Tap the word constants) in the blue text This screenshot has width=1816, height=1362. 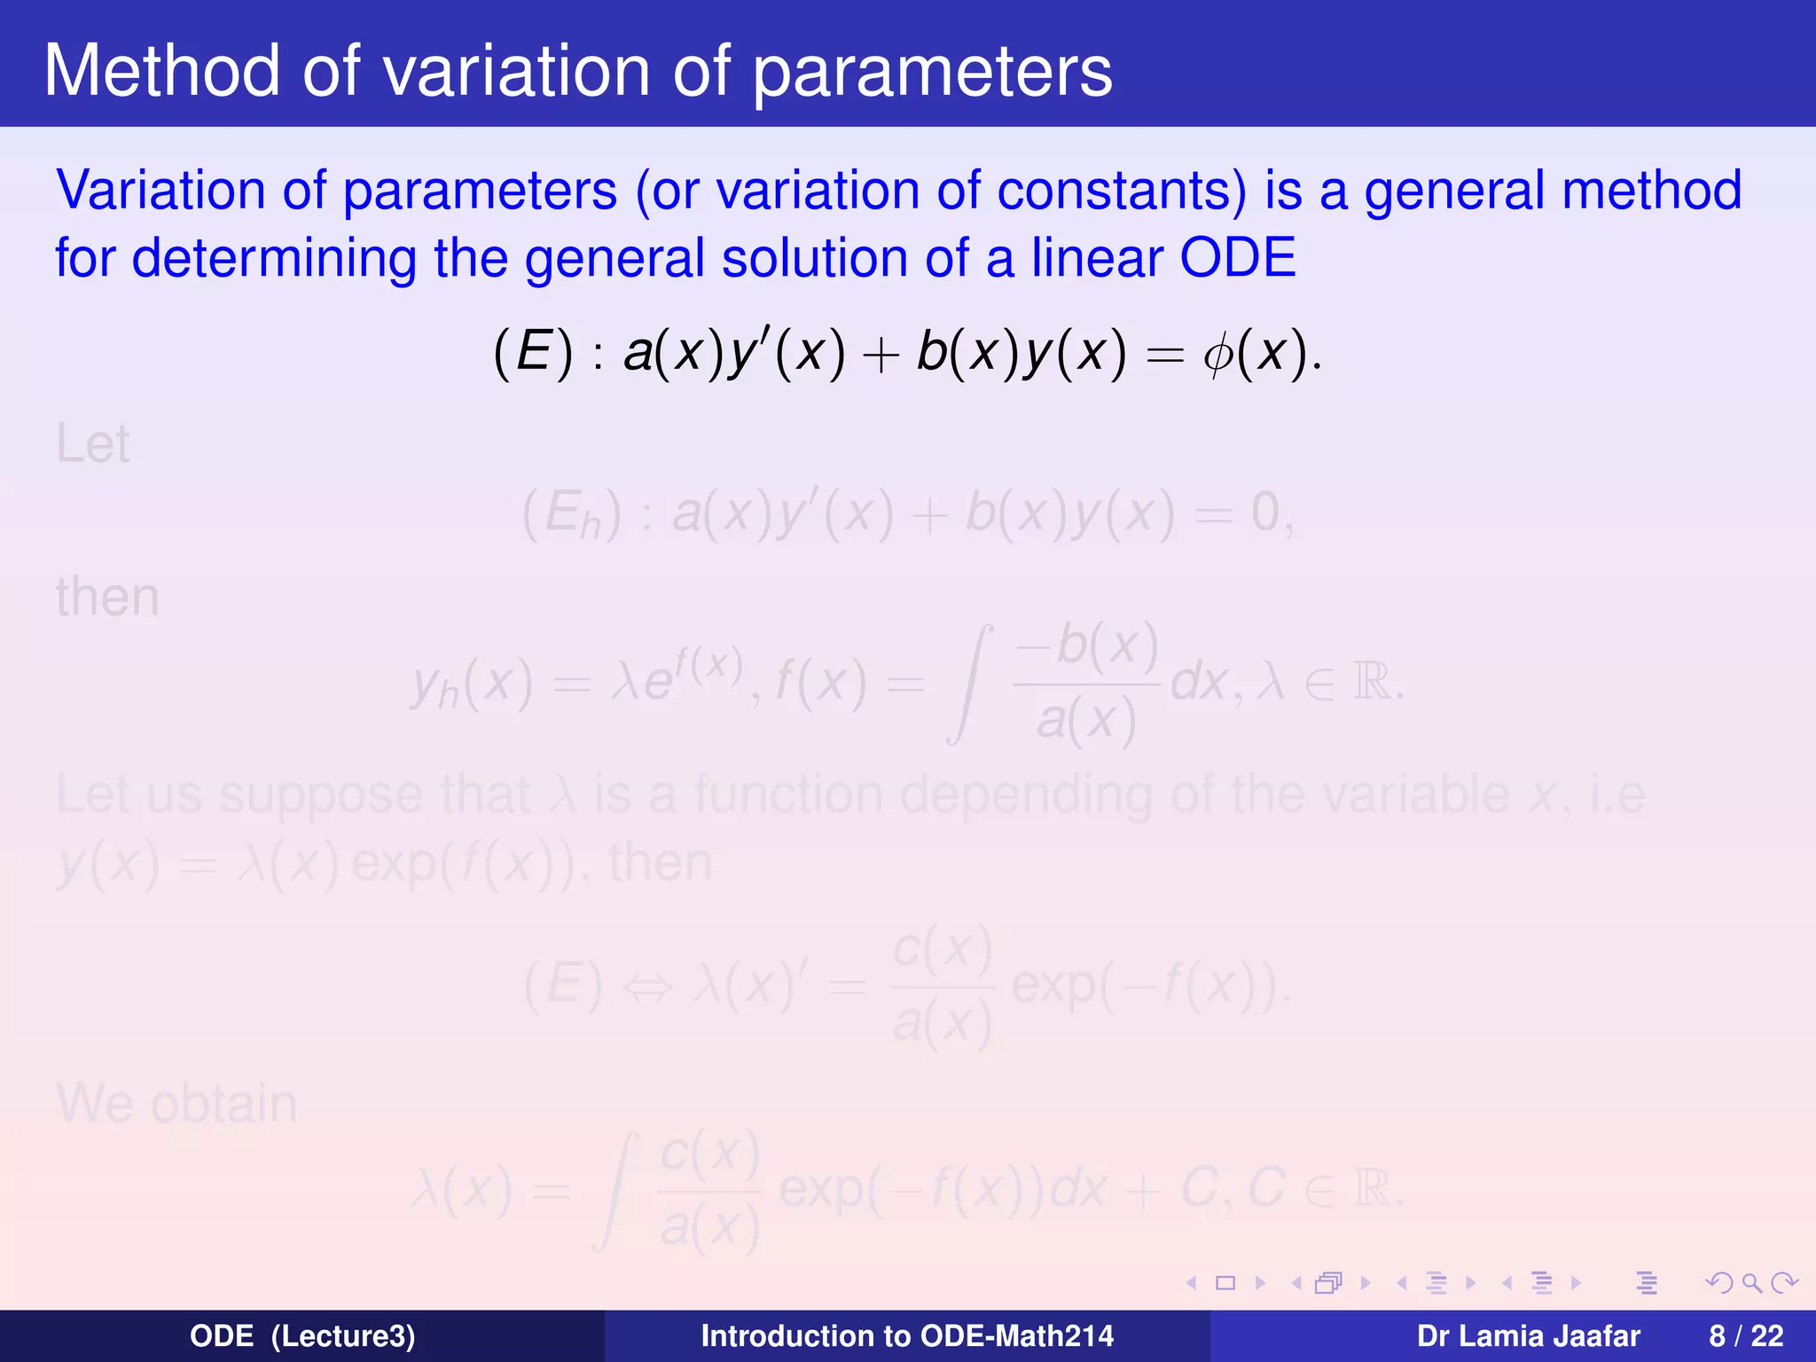(1122, 191)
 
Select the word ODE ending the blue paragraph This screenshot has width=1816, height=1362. (1238, 258)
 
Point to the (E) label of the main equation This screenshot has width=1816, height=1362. (533, 353)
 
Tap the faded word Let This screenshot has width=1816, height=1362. (92, 444)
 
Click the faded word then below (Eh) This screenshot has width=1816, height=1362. (107, 598)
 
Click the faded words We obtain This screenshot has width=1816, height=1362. (176, 1104)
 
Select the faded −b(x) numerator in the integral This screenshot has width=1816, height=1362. (1086, 646)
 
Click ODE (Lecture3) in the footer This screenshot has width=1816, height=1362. (302, 1335)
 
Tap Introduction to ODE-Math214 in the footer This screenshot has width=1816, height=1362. (907, 1335)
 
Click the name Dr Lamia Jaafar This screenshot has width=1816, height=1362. (1528, 1335)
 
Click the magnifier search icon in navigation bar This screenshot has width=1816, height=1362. (1751, 1282)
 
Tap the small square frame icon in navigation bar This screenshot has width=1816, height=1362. (1225, 1282)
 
